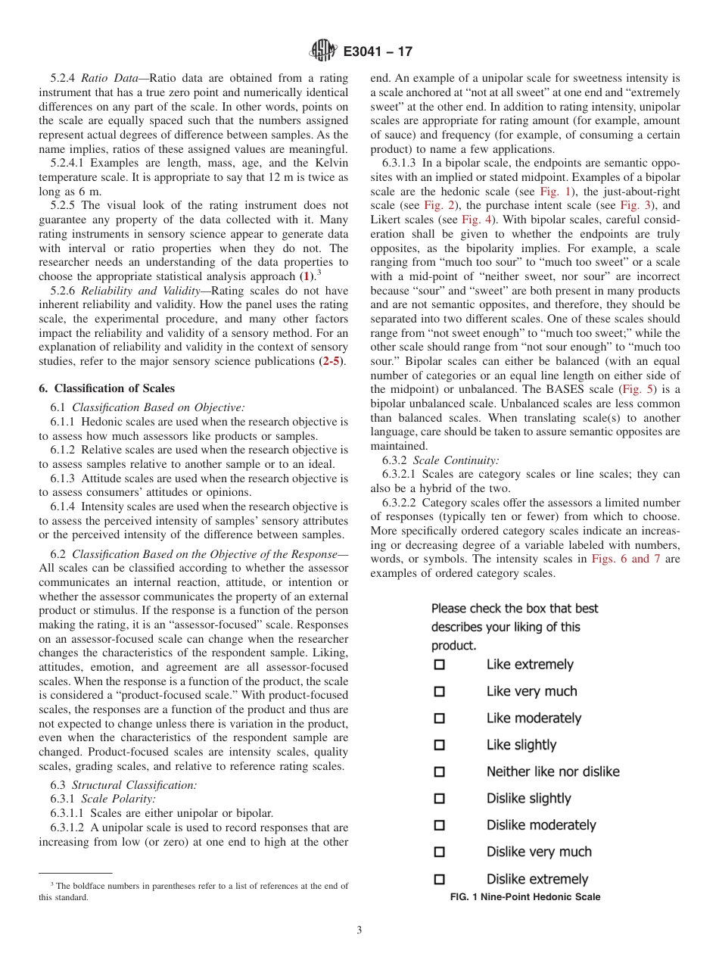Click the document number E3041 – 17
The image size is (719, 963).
[378, 52]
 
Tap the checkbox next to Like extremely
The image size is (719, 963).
[439, 665]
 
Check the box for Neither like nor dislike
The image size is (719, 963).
[439, 772]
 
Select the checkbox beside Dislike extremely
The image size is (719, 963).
[439, 880]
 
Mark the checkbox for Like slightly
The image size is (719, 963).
[439, 745]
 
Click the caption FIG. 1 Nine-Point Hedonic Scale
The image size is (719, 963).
[525, 897]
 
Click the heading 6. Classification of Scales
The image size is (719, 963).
[106, 388]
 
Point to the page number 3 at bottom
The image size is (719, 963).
[359, 930]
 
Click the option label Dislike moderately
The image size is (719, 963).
[541, 825]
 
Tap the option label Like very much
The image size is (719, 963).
[531, 691]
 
